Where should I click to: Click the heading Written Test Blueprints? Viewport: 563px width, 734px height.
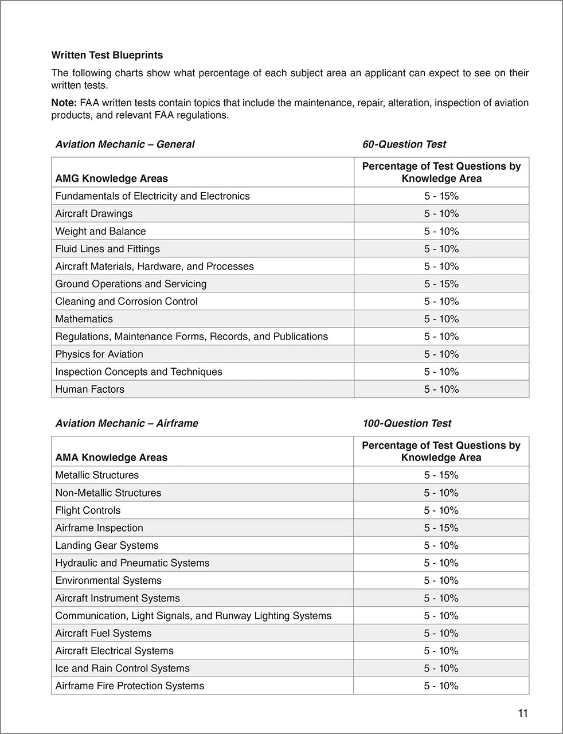(107, 56)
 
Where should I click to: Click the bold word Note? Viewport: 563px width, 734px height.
(63, 103)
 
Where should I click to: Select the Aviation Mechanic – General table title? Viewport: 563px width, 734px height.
(125, 145)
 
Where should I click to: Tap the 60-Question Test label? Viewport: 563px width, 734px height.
(404, 145)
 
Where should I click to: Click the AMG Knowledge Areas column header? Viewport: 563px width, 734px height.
(112, 179)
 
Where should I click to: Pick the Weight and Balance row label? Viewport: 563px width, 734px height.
(100, 232)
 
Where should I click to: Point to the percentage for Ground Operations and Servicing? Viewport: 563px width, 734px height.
(441, 284)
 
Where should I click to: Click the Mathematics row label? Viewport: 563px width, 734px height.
(84, 319)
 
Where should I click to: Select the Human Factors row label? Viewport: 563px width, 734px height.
(90, 389)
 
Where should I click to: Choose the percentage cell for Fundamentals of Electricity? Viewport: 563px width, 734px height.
(441, 196)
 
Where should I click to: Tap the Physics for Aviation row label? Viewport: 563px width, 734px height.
(99, 354)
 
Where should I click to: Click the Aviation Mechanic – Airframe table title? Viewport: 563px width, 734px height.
(127, 424)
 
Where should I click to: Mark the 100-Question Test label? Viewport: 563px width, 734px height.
(407, 424)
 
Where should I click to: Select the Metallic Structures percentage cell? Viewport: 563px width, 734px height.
(441, 475)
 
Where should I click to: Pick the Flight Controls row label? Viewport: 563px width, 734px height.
(88, 510)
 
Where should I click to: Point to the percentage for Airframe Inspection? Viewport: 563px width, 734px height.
(441, 528)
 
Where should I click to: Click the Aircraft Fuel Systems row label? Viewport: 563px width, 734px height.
(103, 634)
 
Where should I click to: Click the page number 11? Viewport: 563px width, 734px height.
(522, 713)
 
